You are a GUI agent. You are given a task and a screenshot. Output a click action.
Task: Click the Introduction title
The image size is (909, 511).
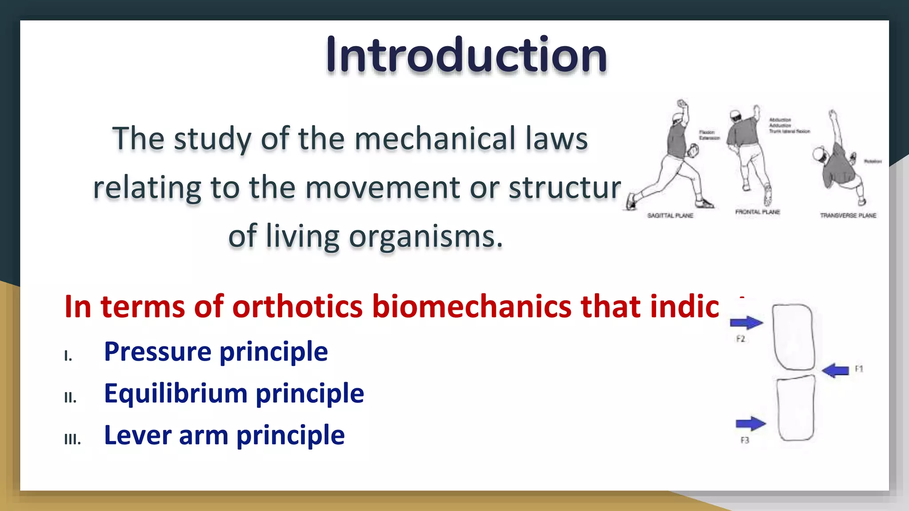[x=466, y=55]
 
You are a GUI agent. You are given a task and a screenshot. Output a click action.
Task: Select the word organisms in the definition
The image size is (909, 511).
[x=426, y=236]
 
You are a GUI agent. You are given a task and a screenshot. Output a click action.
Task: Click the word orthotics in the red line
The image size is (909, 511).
[x=297, y=307]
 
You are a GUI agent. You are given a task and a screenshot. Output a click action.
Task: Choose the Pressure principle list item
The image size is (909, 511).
[x=216, y=352]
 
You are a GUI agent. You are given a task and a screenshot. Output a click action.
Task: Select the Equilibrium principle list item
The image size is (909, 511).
[x=234, y=393]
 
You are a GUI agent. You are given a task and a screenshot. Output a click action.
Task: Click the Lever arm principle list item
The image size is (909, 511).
[x=224, y=435]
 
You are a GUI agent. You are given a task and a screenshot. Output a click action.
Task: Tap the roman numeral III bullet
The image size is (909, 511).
[x=72, y=440]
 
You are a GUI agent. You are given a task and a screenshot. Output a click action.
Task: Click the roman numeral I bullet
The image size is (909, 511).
[x=68, y=356]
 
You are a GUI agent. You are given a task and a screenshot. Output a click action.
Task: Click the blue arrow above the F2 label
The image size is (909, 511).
[x=747, y=322]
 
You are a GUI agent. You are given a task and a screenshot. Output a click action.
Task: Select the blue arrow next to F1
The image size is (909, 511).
[x=835, y=370]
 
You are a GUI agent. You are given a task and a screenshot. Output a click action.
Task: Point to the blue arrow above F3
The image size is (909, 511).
[x=751, y=424]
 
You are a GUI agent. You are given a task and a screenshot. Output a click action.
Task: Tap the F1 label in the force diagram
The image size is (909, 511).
[x=859, y=369]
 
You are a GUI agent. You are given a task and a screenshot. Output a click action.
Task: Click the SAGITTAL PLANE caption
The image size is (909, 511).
[x=670, y=216]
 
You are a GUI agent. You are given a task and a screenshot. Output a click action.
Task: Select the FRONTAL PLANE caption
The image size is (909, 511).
[x=757, y=212]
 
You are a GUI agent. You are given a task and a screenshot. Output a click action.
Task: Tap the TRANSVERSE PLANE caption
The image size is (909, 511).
[x=848, y=216]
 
